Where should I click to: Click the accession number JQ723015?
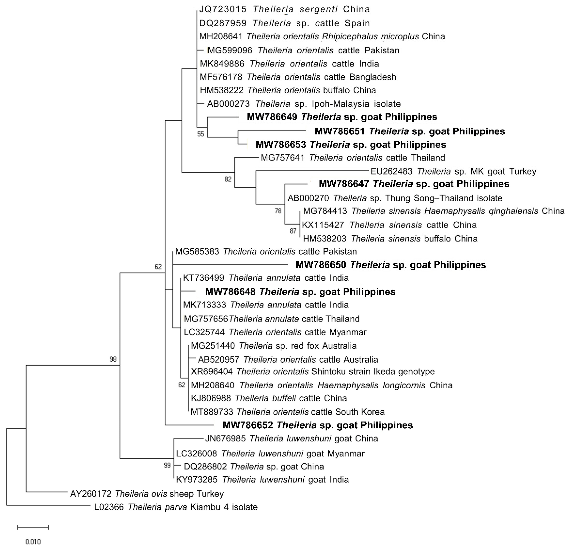pyautogui.click(x=223, y=9)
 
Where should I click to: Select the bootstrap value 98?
pyautogui.click(x=113, y=359)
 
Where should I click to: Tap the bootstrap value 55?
pyautogui.click(x=201, y=134)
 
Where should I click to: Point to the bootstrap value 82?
pyautogui.click(x=228, y=179)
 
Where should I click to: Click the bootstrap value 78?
pyautogui.click(x=278, y=211)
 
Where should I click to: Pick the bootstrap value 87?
pyautogui.click(x=293, y=231)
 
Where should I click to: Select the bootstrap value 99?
pyautogui.click(x=167, y=466)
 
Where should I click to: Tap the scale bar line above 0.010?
pyautogui.click(x=33, y=527)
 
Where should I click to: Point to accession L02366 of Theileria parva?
pyautogui.click(x=109, y=507)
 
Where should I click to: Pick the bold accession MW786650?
pyautogui.click(x=321, y=265)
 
